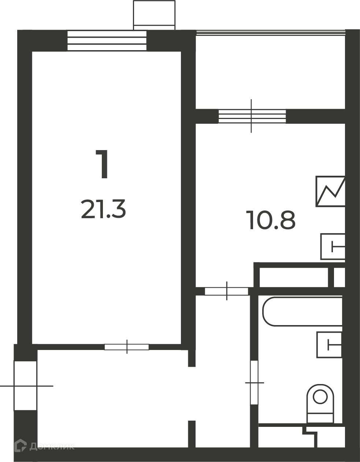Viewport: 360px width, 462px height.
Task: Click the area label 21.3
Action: coord(104,209)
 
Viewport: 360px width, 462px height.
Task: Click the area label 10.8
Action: coord(271,220)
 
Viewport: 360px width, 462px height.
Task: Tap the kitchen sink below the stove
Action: coord(333,247)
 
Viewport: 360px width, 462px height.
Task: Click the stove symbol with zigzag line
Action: coord(330,191)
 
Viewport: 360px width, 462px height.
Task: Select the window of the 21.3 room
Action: coord(107,40)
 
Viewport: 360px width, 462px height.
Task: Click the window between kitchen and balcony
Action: coord(252,116)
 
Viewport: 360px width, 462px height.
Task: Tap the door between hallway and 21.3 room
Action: coord(127,347)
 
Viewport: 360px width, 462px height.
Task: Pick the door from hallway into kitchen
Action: coord(226,291)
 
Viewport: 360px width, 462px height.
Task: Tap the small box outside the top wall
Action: coord(154,15)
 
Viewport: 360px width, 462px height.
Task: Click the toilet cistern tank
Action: coord(320,418)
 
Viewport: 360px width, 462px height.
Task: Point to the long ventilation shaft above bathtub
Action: coord(294,277)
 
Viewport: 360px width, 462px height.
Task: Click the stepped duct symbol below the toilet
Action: coord(310,434)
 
